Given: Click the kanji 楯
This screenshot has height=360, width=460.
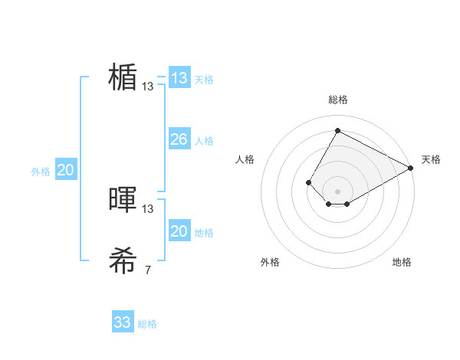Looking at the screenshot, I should [x=123, y=77].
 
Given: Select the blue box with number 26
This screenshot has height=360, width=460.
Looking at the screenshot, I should [x=179, y=139].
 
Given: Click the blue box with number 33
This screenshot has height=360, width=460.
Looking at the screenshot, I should [x=123, y=322].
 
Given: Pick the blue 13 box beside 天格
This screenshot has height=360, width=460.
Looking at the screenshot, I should [x=179, y=78].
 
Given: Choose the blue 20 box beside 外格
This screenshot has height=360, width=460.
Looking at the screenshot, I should [x=65, y=170].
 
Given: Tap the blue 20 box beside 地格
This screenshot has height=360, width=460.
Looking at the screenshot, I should [x=179, y=231].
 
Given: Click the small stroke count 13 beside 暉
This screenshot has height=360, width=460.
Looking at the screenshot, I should [x=148, y=208].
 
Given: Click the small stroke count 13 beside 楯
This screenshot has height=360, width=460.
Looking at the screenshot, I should [x=148, y=87].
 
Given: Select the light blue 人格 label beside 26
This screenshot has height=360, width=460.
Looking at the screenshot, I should [x=204, y=141].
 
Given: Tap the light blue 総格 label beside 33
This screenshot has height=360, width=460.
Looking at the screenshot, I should [x=147, y=324].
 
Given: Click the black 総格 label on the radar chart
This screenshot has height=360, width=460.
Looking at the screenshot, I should [x=337, y=100].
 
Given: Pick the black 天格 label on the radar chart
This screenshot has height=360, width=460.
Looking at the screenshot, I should [x=431, y=159].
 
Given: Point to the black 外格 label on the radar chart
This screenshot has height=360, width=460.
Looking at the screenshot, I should [x=270, y=262].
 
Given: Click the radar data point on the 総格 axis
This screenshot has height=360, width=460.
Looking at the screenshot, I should [x=337, y=130].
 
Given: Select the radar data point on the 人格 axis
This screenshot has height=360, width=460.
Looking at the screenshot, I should [x=308, y=182].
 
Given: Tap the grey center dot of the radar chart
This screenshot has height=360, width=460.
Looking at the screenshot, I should [x=337, y=191].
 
